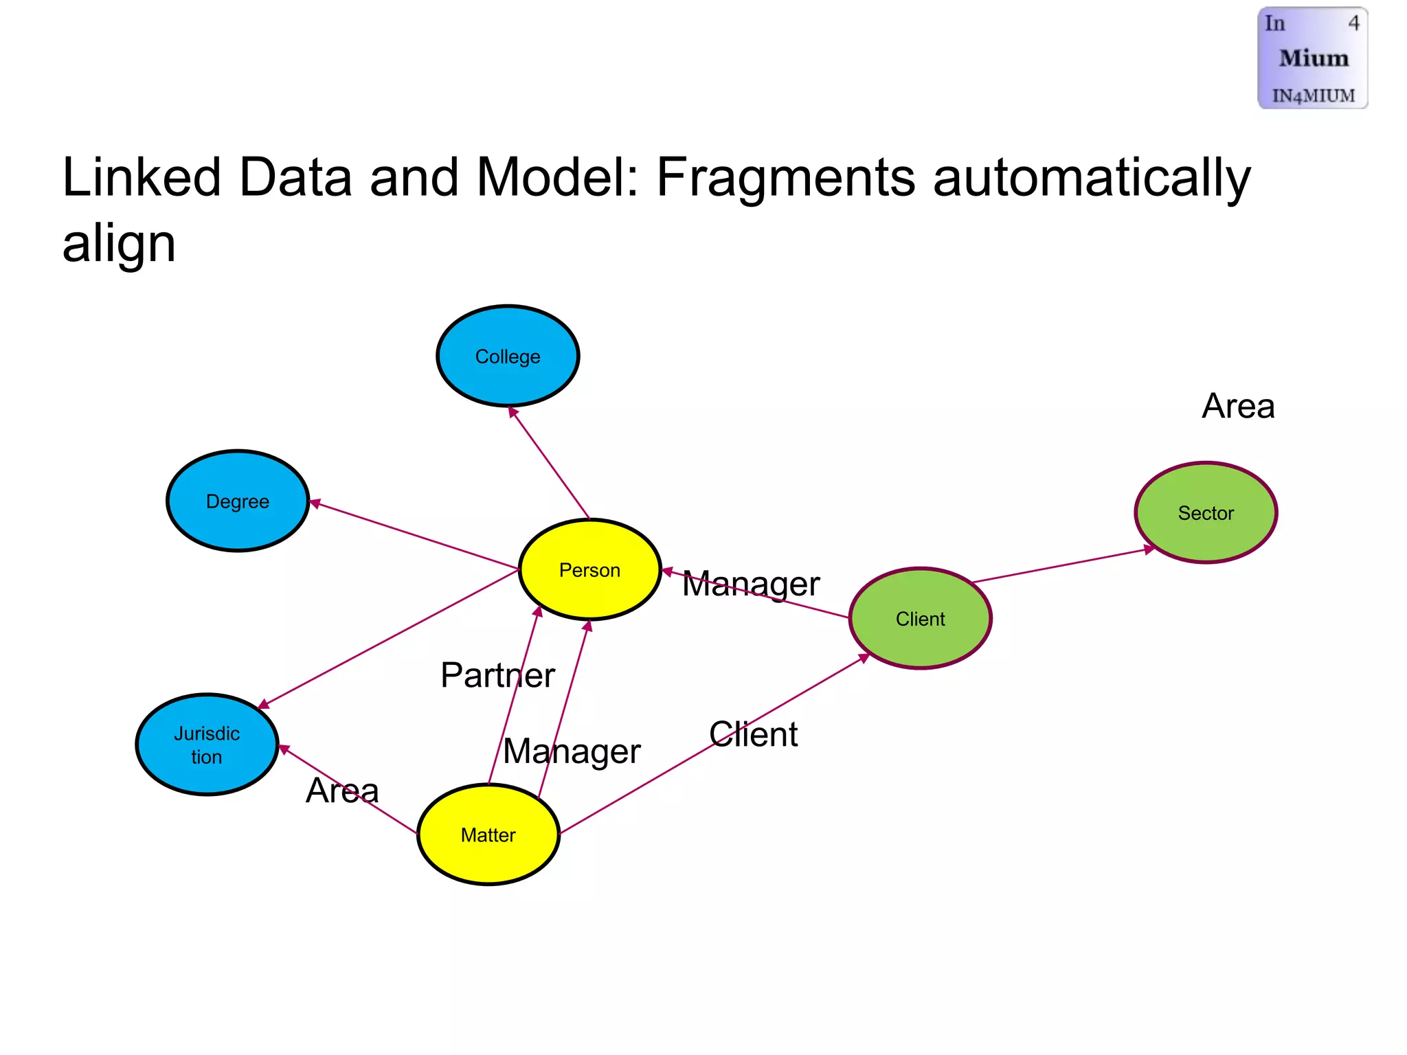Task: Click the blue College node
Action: (x=508, y=356)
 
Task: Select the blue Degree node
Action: (x=238, y=501)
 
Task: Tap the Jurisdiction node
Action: (x=207, y=745)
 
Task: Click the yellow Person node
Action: (x=589, y=569)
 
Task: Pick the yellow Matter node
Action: (x=488, y=835)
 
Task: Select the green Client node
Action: (x=920, y=618)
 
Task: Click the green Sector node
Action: (x=1206, y=512)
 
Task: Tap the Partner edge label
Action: (x=497, y=674)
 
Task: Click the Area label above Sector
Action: (x=1238, y=406)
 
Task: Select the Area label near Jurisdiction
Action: (x=342, y=790)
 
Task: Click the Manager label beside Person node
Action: (x=751, y=584)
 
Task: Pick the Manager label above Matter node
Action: (x=572, y=751)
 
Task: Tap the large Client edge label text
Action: (x=753, y=734)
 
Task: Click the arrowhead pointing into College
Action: (x=512, y=411)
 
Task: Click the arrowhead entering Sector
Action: (x=1149, y=549)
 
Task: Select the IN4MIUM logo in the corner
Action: (x=1312, y=58)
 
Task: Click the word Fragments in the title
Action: (x=785, y=177)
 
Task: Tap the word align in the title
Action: (x=119, y=244)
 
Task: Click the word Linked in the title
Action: (x=141, y=177)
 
